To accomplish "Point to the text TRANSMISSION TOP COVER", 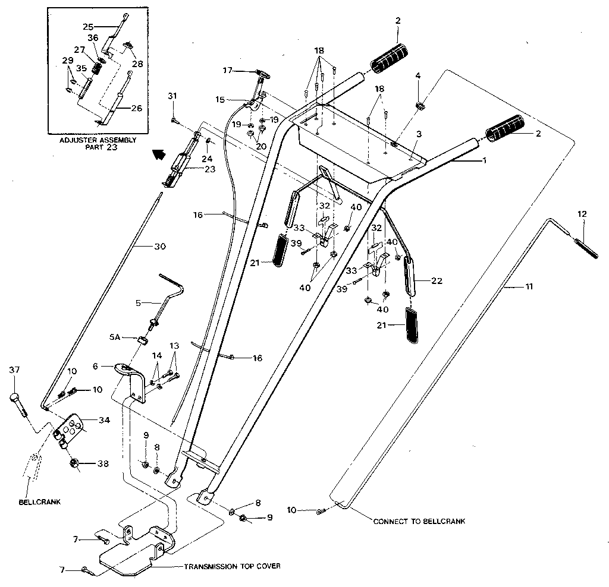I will tap(232, 566).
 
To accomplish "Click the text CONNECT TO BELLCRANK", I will tap(419, 521).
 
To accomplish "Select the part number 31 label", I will tap(172, 96).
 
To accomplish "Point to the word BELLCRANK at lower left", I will tap(39, 501).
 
